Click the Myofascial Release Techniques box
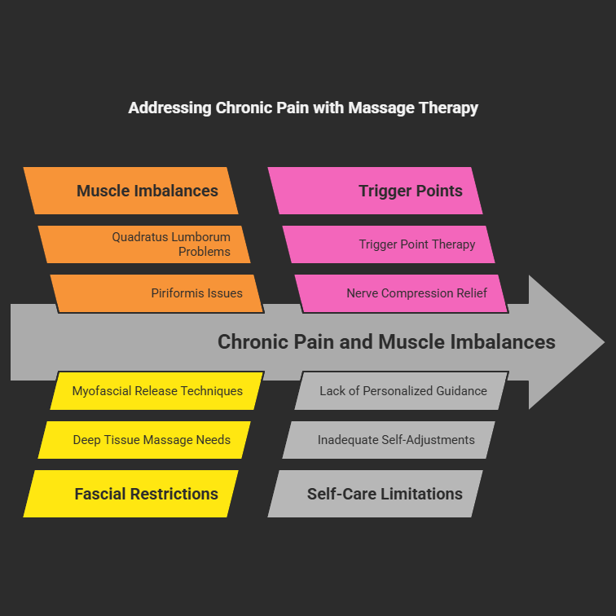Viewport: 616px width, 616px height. click(157, 391)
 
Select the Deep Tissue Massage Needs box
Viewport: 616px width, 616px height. click(144, 440)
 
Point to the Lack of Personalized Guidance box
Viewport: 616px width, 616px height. click(401, 391)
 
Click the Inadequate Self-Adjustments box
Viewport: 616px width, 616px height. click(389, 440)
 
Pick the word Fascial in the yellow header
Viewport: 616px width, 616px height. click(102, 494)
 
